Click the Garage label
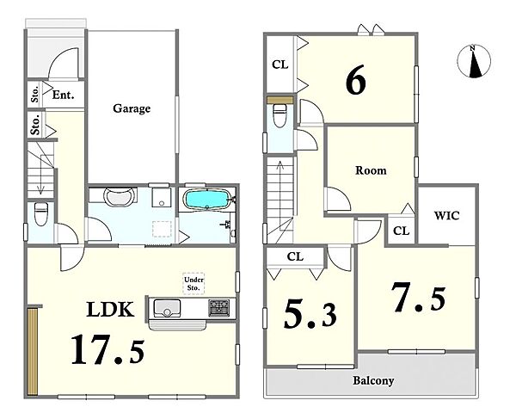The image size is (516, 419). (x=132, y=108)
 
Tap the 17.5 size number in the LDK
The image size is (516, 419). (x=108, y=349)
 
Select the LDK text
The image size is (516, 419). (x=110, y=310)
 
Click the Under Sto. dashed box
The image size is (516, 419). (x=193, y=284)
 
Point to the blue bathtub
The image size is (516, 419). (x=206, y=200)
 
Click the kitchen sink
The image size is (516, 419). (x=168, y=308)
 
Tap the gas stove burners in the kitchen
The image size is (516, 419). (x=218, y=308)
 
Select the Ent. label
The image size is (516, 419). (x=63, y=96)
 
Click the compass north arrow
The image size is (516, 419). (x=474, y=62)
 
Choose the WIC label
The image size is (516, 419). (x=446, y=216)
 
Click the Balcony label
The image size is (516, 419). (x=373, y=381)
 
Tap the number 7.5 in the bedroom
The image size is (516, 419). (x=418, y=299)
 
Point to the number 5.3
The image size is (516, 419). (x=310, y=315)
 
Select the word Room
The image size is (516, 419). (x=371, y=170)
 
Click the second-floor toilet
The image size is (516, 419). (x=279, y=115)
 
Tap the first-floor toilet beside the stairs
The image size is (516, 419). (x=41, y=214)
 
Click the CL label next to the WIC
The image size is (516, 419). (x=401, y=231)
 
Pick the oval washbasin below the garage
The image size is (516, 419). (x=120, y=196)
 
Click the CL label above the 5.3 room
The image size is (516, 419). (x=295, y=256)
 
